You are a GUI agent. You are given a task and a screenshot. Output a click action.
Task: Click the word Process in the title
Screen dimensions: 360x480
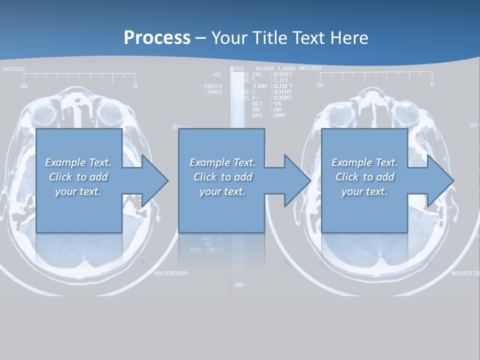pyautogui.click(x=157, y=38)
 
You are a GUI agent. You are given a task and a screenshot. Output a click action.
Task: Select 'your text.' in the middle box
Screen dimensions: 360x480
pyautogui.click(x=222, y=191)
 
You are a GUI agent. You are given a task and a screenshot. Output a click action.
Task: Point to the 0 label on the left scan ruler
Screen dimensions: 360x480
pyautogui.click(x=135, y=85)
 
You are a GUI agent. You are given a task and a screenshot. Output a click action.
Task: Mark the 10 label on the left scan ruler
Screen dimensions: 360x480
pyautogui.click(x=24, y=85)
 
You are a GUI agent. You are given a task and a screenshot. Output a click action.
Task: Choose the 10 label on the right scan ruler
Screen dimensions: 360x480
pyautogui.click(x=321, y=85)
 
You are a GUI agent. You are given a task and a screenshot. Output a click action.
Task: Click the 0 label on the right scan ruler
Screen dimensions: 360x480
pyautogui.click(x=432, y=84)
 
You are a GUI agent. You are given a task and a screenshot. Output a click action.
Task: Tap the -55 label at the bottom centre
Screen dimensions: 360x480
pyautogui.click(x=239, y=285)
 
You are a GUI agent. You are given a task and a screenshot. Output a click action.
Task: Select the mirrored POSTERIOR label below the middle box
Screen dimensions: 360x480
pyautogui.click(x=170, y=273)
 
